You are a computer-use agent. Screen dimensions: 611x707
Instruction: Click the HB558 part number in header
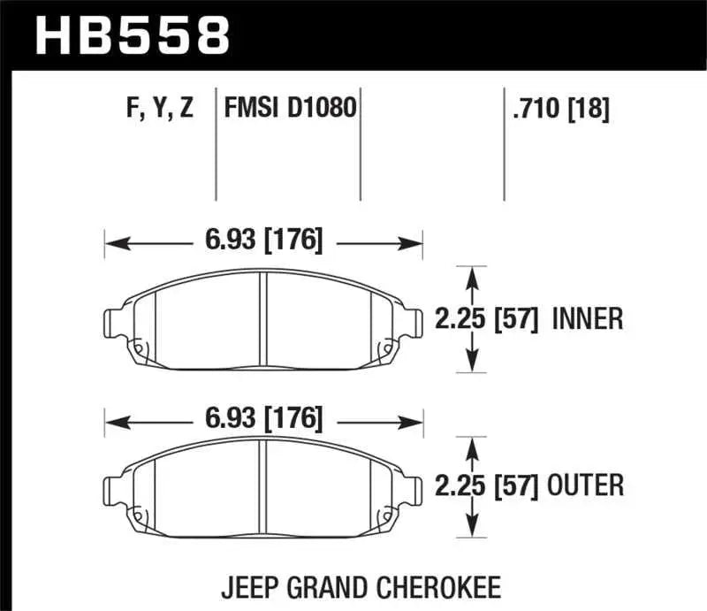click(132, 35)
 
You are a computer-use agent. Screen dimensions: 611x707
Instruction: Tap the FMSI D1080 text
click(290, 110)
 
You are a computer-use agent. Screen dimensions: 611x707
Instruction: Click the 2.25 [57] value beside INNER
click(487, 318)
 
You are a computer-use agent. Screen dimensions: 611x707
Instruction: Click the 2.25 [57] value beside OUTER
click(487, 485)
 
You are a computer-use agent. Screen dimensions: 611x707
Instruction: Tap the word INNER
click(588, 318)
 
